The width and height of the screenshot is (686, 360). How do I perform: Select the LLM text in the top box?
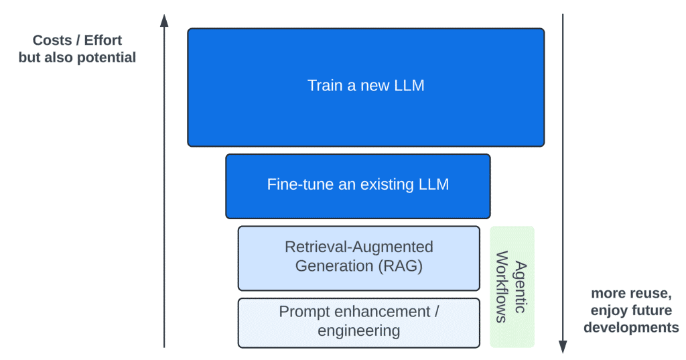409,86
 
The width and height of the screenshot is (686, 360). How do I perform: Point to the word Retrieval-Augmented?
359,247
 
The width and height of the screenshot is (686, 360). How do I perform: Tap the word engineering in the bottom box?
359,331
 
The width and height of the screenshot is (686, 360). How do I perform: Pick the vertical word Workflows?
500,287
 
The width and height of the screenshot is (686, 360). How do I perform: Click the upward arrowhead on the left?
164,20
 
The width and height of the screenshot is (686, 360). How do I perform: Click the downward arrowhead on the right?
563,346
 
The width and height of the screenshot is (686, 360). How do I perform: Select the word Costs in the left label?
52,40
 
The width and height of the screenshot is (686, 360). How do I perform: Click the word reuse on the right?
648,294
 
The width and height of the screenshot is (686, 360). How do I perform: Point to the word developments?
631,328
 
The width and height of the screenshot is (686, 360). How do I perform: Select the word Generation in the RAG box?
333,265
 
